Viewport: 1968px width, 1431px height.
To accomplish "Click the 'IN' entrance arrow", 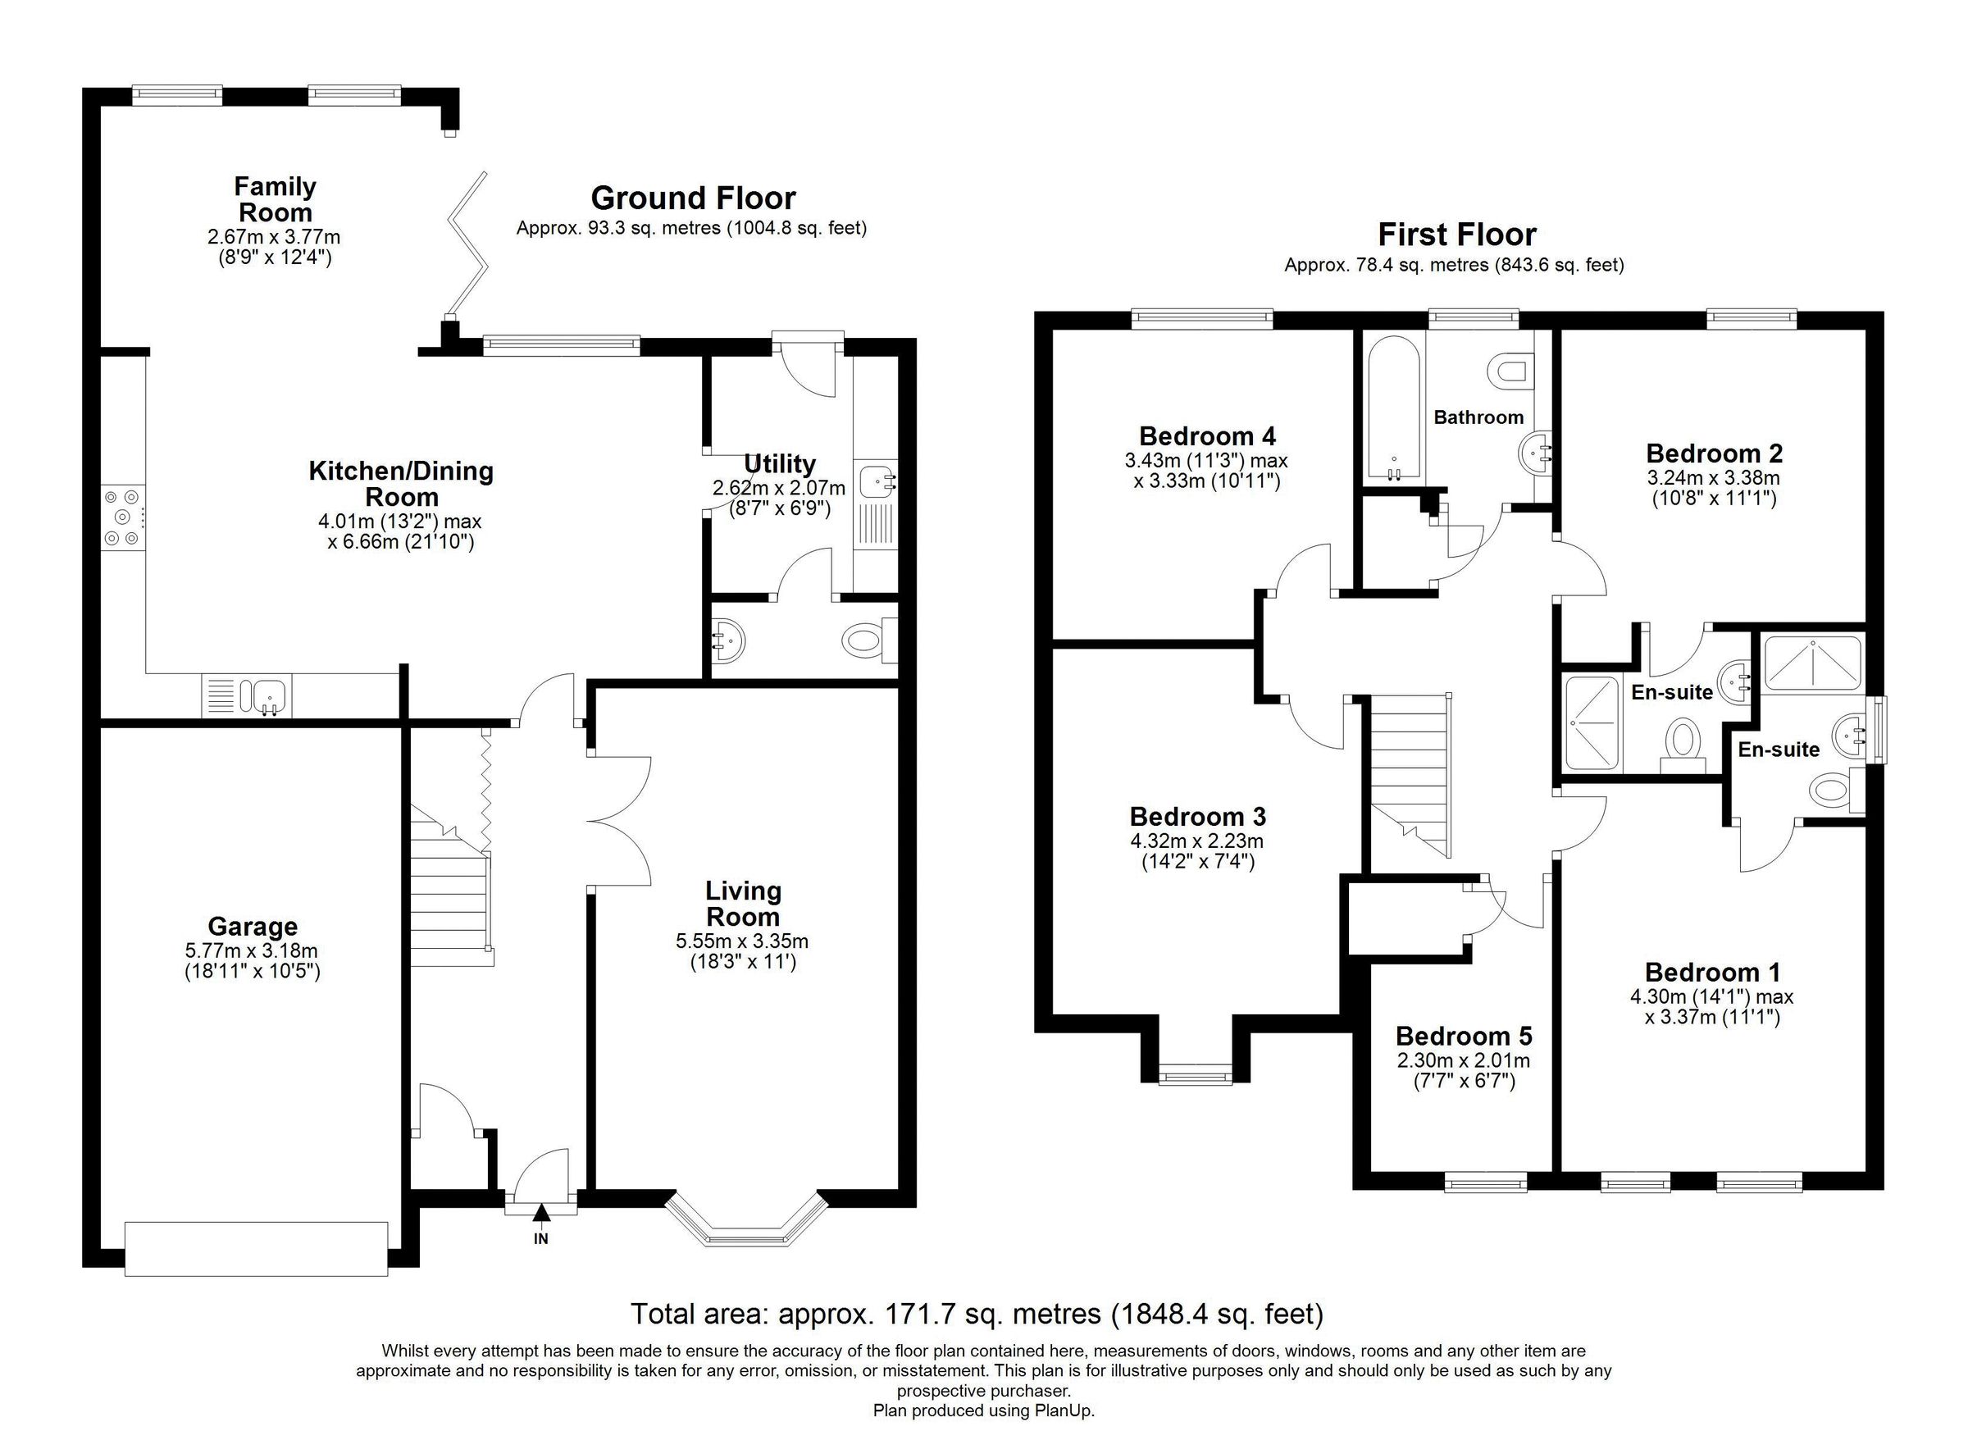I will pyautogui.click(x=541, y=1212).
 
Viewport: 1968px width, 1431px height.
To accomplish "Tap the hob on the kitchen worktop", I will pyautogui.click(x=121, y=517).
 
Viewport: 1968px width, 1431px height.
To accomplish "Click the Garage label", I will pyautogui.click(x=253, y=927).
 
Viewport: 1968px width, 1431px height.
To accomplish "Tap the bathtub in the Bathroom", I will pyautogui.click(x=1393, y=408).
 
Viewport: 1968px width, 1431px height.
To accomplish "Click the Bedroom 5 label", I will pyautogui.click(x=1464, y=1037).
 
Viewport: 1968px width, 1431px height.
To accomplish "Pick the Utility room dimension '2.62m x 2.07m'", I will pyautogui.click(x=778, y=489).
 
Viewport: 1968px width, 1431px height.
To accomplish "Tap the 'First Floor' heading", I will pyautogui.click(x=1457, y=235).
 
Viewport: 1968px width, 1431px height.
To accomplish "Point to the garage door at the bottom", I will pyautogui.click(x=256, y=1249).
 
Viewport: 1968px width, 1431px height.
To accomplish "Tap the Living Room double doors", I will pyautogui.click(x=617, y=821).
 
